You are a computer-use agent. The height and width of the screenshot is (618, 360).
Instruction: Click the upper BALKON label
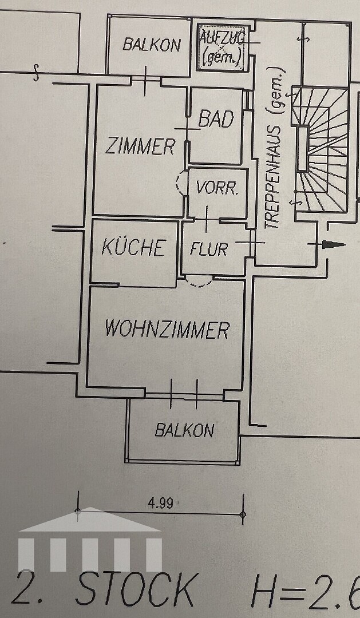152,45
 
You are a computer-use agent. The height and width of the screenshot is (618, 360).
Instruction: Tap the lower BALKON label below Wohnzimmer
184,430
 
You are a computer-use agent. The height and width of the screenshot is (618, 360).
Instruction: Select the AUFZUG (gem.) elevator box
224,47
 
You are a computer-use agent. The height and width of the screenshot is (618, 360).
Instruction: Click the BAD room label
216,118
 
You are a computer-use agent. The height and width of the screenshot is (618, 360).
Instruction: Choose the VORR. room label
217,189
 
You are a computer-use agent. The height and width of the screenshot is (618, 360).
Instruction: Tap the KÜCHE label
133,247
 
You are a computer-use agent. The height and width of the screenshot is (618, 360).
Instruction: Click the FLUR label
209,249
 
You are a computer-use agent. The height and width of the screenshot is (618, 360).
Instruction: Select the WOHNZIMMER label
167,330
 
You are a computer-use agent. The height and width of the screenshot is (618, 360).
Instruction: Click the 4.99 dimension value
161,504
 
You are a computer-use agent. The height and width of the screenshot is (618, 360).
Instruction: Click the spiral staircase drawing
320,150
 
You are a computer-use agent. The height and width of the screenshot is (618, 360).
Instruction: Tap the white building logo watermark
90,539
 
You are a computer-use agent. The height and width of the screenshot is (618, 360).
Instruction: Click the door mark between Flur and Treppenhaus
252,243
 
